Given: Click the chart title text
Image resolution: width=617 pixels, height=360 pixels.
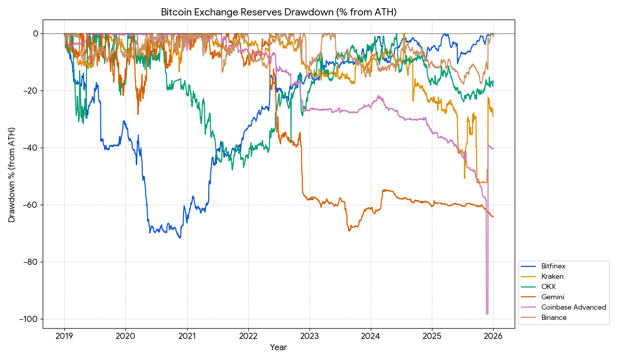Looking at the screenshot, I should pyautogui.click(x=279, y=12).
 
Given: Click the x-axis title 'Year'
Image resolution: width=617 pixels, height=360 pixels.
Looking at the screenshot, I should pyautogui.click(x=279, y=348).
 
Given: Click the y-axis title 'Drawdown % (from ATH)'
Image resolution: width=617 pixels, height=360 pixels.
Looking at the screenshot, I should pyautogui.click(x=12, y=175).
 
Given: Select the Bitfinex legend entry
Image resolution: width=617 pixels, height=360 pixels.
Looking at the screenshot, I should pyautogui.click(x=553, y=266).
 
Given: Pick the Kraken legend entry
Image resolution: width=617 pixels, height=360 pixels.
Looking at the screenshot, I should pyautogui.click(x=552, y=277).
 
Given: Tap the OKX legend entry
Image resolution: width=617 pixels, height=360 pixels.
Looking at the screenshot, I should pyautogui.click(x=549, y=287).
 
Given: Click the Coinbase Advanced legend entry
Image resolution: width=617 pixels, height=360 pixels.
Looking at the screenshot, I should pyautogui.click(x=573, y=308).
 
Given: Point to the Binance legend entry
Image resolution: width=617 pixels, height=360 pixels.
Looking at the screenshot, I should pyautogui.click(x=554, y=318).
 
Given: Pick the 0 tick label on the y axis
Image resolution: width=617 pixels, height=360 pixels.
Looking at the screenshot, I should pyautogui.click(x=35, y=34).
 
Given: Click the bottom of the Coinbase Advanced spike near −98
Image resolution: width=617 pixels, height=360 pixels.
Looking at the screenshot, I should pyautogui.click(x=487, y=313).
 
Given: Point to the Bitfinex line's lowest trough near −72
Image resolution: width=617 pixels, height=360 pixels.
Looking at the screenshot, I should pyautogui.click(x=180, y=238).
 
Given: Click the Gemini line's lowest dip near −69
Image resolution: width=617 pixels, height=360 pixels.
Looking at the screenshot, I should pyautogui.click(x=349, y=230).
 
